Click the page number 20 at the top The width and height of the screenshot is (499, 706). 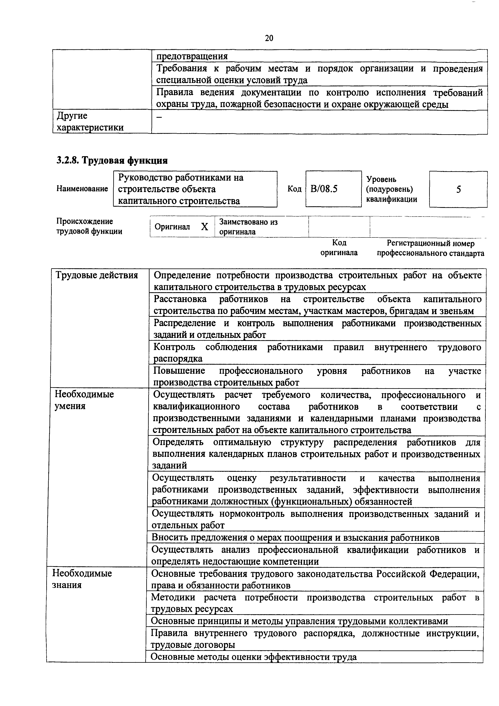click(269, 38)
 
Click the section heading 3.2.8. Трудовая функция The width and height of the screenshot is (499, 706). click(112, 161)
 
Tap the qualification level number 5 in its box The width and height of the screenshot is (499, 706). click(458, 189)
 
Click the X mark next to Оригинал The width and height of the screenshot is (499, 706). click(204, 227)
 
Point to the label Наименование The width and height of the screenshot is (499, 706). click(82, 189)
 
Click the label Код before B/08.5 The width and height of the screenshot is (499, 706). click(294, 189)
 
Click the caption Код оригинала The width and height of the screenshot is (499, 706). click(339, 248)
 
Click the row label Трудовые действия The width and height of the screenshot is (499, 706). click(97, 275)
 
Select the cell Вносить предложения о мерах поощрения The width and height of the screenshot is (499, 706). click(295, 537)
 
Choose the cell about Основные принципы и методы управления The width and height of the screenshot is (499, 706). click(299, 621)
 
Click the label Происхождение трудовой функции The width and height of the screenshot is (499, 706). click(89, 226)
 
